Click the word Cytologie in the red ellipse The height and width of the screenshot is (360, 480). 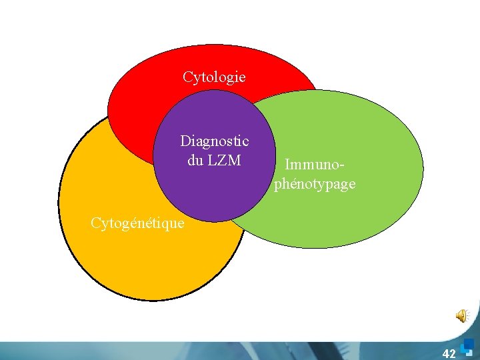(214, 77)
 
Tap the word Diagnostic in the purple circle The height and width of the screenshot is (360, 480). (215, 141)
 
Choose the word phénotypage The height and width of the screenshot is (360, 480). (315, 183)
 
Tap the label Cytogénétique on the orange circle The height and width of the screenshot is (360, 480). (137, 223)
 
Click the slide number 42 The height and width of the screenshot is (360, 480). (449, 353)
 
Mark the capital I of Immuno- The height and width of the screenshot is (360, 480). (287, 163)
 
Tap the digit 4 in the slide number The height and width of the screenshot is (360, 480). (445, 353)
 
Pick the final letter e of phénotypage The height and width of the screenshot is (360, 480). (351, 184)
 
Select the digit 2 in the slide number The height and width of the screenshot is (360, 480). (453, 353)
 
